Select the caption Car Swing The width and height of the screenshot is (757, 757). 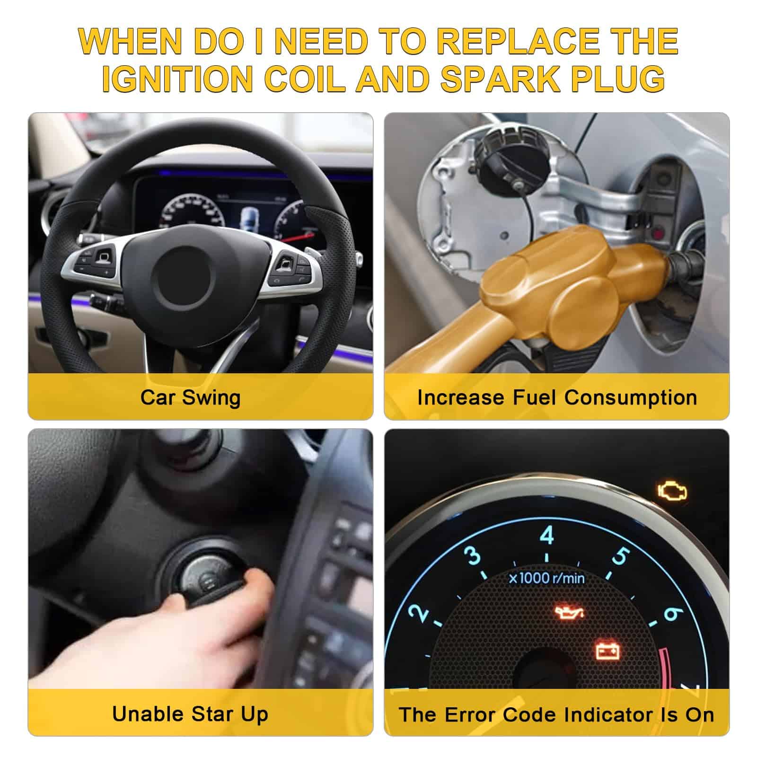pos(190,397)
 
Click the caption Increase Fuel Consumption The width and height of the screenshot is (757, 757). pos(557,397)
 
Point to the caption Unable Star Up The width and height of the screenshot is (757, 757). pos(190,714)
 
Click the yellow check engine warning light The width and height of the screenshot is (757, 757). pos(672,493)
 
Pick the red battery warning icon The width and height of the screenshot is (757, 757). pos(608,651)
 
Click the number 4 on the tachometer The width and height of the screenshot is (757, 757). pos(547,536)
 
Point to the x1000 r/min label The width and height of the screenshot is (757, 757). pos(547,578)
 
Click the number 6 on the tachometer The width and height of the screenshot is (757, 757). pos(672,614)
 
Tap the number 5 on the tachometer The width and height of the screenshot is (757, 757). pos(620,556)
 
